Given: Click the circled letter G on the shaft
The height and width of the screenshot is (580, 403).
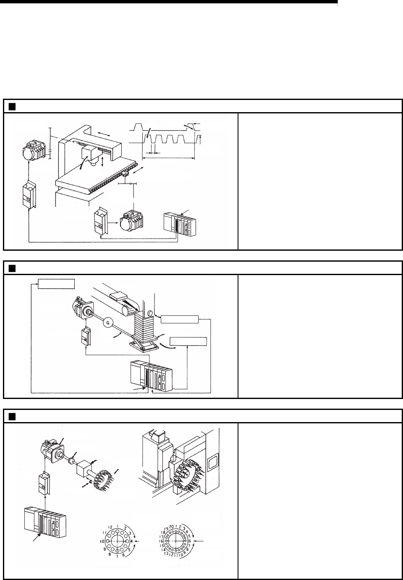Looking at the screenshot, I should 108,323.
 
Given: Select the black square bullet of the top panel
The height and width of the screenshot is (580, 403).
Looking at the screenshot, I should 12,106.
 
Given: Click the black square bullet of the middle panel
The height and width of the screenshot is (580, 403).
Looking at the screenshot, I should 12,268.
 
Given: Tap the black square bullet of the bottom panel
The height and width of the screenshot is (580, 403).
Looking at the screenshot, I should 12,416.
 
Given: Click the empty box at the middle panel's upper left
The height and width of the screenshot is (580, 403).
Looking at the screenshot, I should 57,284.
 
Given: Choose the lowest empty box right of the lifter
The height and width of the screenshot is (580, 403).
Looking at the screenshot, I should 188,341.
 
